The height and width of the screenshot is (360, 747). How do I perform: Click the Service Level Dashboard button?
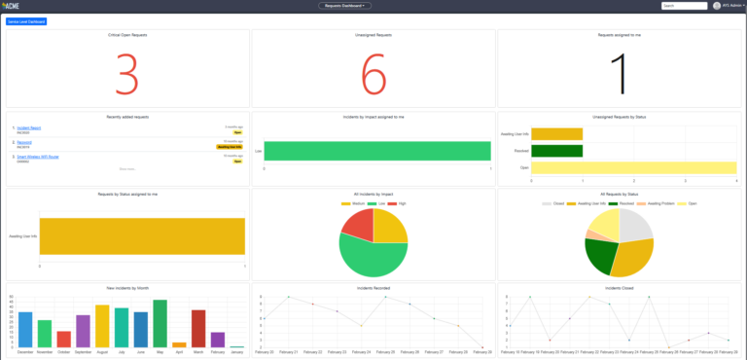(x=26, y=20)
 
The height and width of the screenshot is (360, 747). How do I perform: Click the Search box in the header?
(x=683, y=6)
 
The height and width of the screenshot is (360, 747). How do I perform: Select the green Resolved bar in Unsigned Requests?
(x=556, y=151)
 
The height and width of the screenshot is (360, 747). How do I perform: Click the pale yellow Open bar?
(x=632, y=168)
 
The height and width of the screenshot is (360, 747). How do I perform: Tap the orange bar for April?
(x=179, y=343)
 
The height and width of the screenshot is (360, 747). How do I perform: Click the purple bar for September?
(x=83, y=331)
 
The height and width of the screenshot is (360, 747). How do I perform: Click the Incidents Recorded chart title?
(x=373, y=289)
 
